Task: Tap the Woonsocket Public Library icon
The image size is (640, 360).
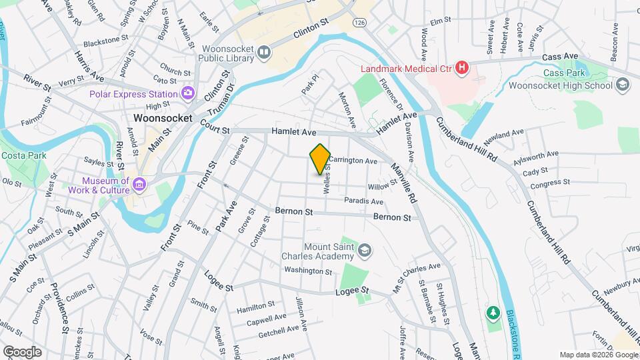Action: [265, 52]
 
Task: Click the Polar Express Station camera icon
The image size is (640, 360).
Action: [189, 93]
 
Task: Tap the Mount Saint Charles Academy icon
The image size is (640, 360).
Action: [365, 251]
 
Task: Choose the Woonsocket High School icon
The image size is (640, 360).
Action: [623, 85]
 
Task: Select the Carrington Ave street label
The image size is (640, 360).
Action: [353, 161]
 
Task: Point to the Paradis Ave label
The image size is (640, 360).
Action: [363, 201]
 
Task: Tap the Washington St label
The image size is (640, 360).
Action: [307, 271]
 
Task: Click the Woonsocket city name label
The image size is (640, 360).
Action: [163, 117]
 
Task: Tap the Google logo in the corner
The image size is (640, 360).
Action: [21, 351]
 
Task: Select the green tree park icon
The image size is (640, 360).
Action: [493, 312]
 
